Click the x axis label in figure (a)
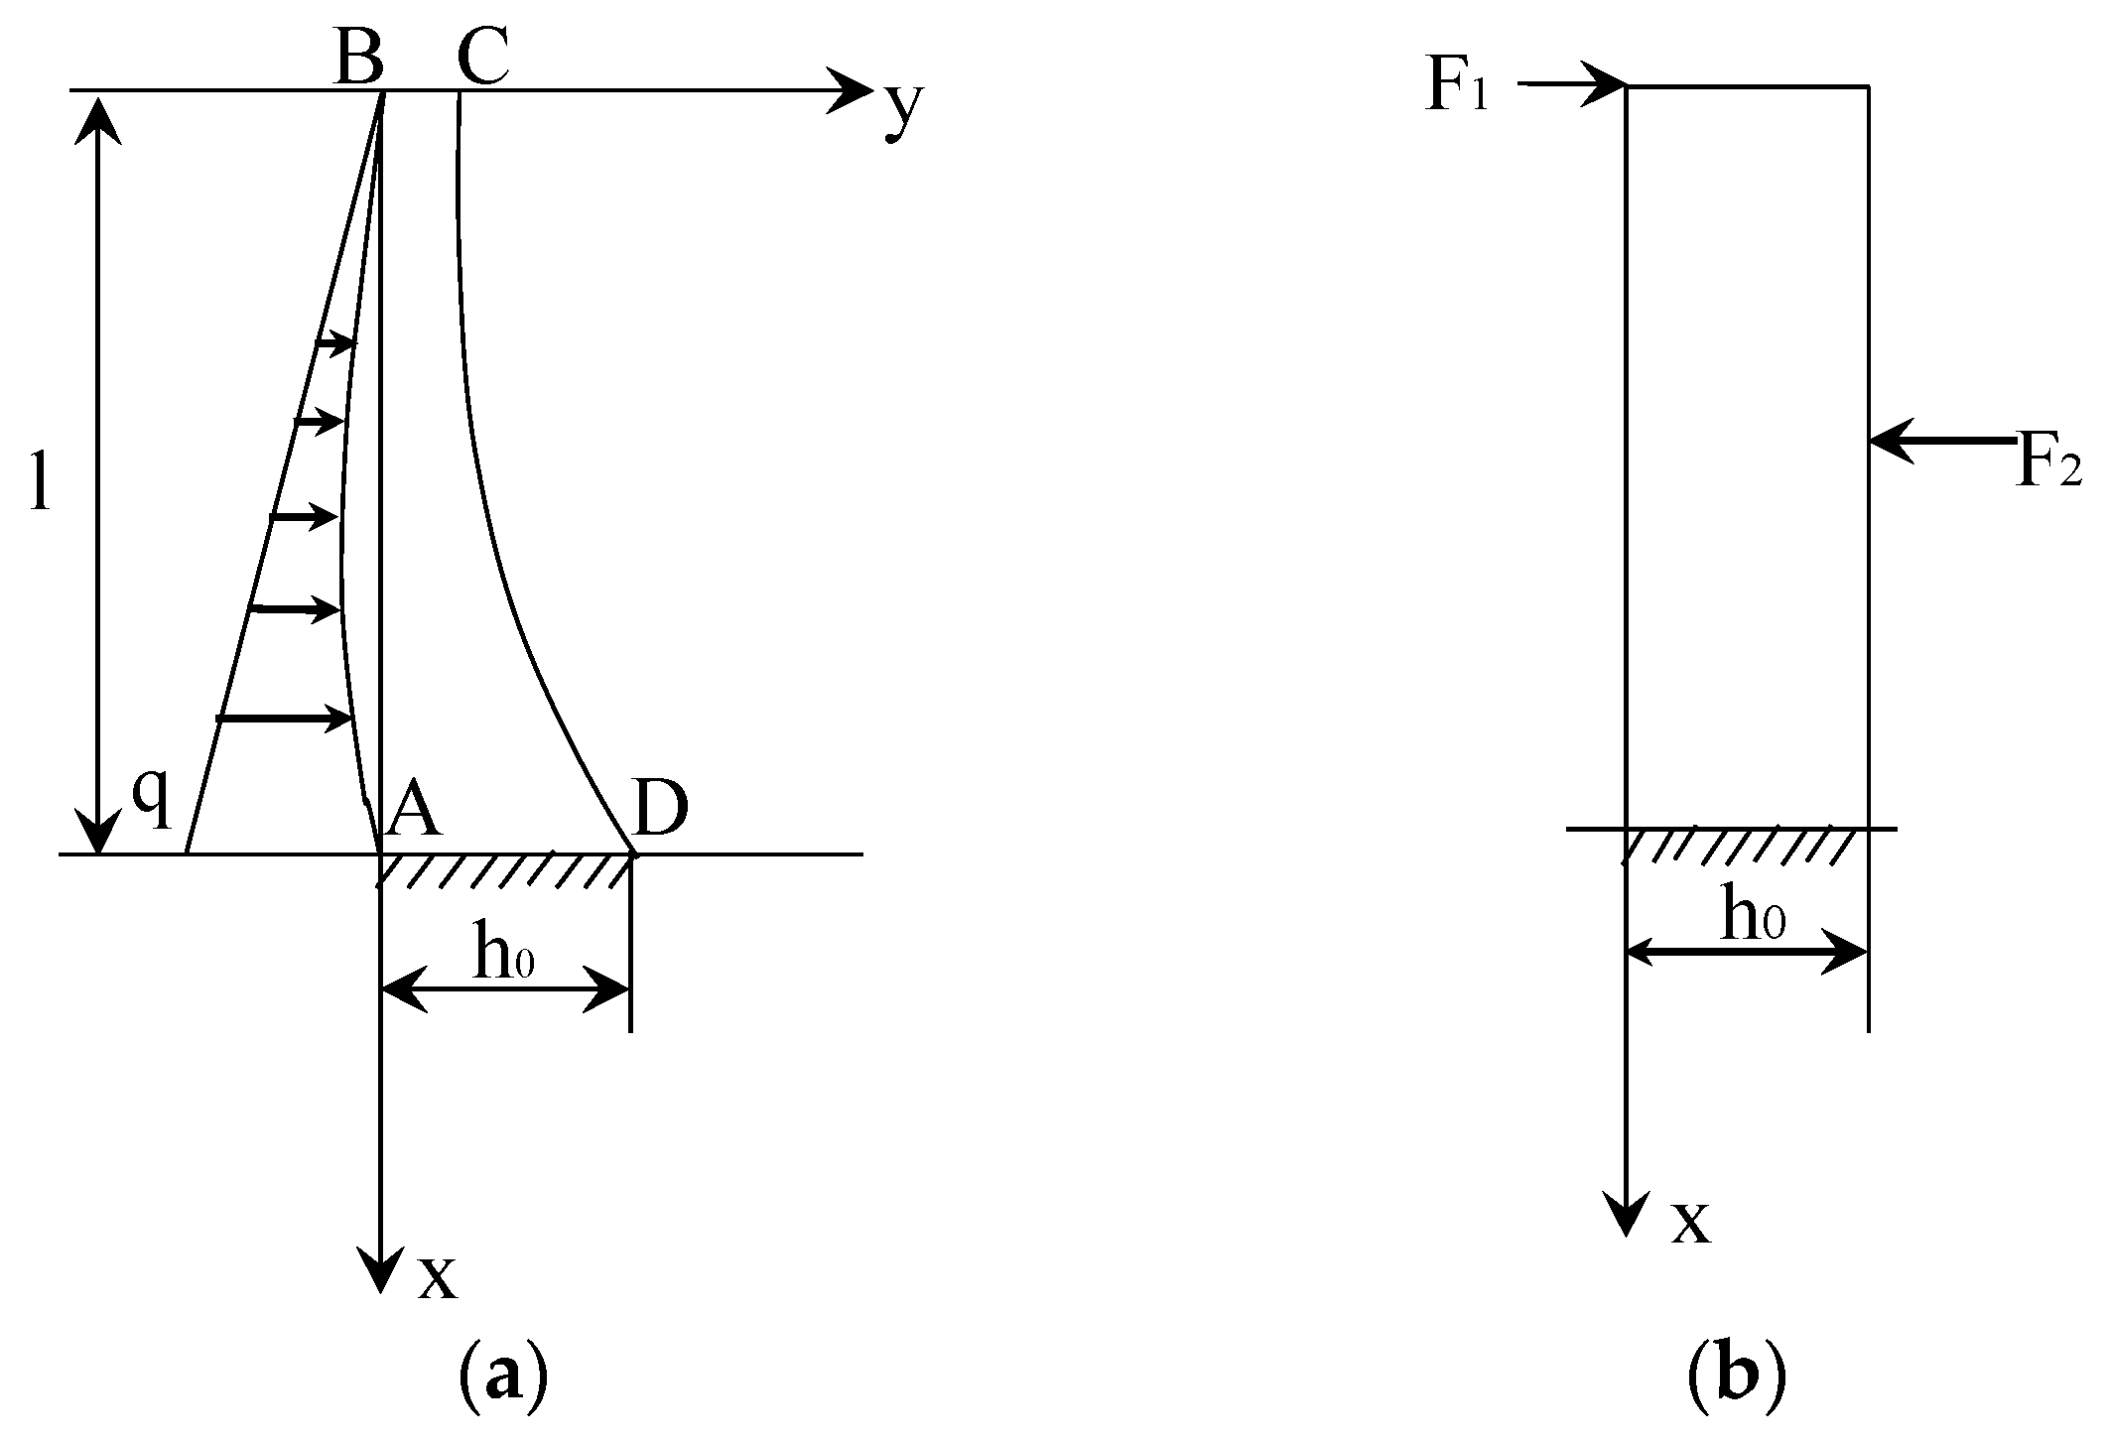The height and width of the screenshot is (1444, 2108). point(437,1276)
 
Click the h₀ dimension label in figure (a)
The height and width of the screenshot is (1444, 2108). point(504,954)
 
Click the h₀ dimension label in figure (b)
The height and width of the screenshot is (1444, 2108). point(1753,916)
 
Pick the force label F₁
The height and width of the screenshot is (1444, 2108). point(1457,87)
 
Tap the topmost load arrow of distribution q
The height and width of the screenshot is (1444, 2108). point(335,343)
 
